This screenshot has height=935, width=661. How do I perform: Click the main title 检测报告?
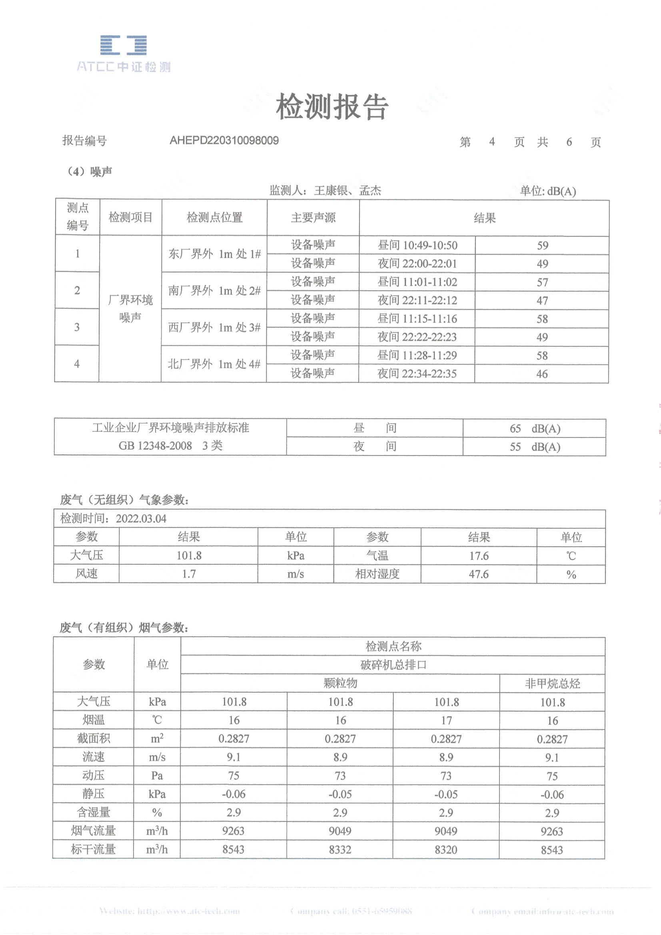click(x=332, y=107)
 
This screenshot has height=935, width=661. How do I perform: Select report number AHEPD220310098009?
click(x=224, y=140)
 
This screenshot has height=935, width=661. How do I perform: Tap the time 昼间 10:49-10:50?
click(x=417, y=245)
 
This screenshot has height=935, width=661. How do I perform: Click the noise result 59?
click(x=542, y=245)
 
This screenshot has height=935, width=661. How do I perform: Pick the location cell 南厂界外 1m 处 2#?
click(x=214, y=291)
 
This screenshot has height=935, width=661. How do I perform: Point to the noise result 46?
click(x=542, y=373)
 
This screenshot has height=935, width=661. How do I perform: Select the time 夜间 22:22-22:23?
click(x=417, y=337)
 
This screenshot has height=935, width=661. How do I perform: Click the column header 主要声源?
click(x=313, y=218)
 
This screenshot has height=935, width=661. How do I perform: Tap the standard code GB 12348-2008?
click(x=155, y=446)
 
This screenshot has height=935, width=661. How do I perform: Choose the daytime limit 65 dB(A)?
click(x=534, y=429)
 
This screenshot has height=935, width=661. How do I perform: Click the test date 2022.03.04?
click(x=141, y=519)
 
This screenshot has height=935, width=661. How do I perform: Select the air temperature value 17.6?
click(x=479, y=556)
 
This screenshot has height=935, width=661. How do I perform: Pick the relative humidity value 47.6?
click(x=479, y=574)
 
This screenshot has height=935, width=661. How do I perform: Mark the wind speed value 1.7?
click(x=188, y=574)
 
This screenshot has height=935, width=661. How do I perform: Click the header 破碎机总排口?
click(x=393, y=665)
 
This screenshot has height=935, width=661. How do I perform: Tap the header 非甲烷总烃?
click(x=552, y=683)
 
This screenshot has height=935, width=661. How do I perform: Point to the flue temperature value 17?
click(x=447, y=720)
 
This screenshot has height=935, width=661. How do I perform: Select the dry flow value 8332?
click(x=340, y=849)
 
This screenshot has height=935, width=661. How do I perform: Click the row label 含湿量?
click(x=93, y=813)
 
